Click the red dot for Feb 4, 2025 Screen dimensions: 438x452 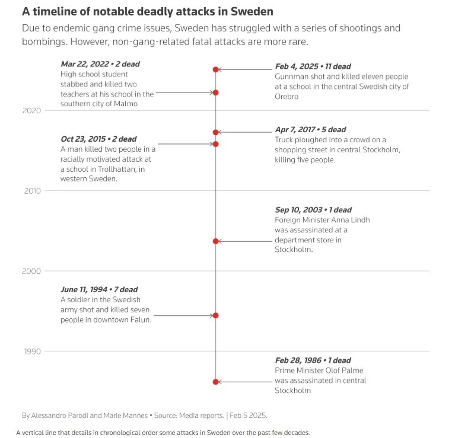(216, 69)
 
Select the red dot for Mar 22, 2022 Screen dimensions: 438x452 (216, 92)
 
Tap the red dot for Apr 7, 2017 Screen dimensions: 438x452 (216, 132)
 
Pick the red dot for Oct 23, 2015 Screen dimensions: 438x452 (216, 144)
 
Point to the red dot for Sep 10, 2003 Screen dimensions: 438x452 (216, 241)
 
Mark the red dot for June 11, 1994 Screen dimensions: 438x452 (216, 315)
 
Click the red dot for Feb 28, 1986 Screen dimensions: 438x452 (216, 382)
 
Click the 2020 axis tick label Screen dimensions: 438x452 (32, 110)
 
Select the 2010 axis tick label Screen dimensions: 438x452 (32, 191)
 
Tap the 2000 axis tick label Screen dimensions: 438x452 (32, 271)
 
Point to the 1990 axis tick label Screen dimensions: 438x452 (32, 351)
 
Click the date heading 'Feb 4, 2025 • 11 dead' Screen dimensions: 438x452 (313, 66)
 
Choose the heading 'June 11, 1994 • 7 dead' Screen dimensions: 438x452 (99, 290)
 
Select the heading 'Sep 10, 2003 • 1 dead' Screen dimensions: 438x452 (313, 210)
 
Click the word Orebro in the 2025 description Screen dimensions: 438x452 (287, 97)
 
